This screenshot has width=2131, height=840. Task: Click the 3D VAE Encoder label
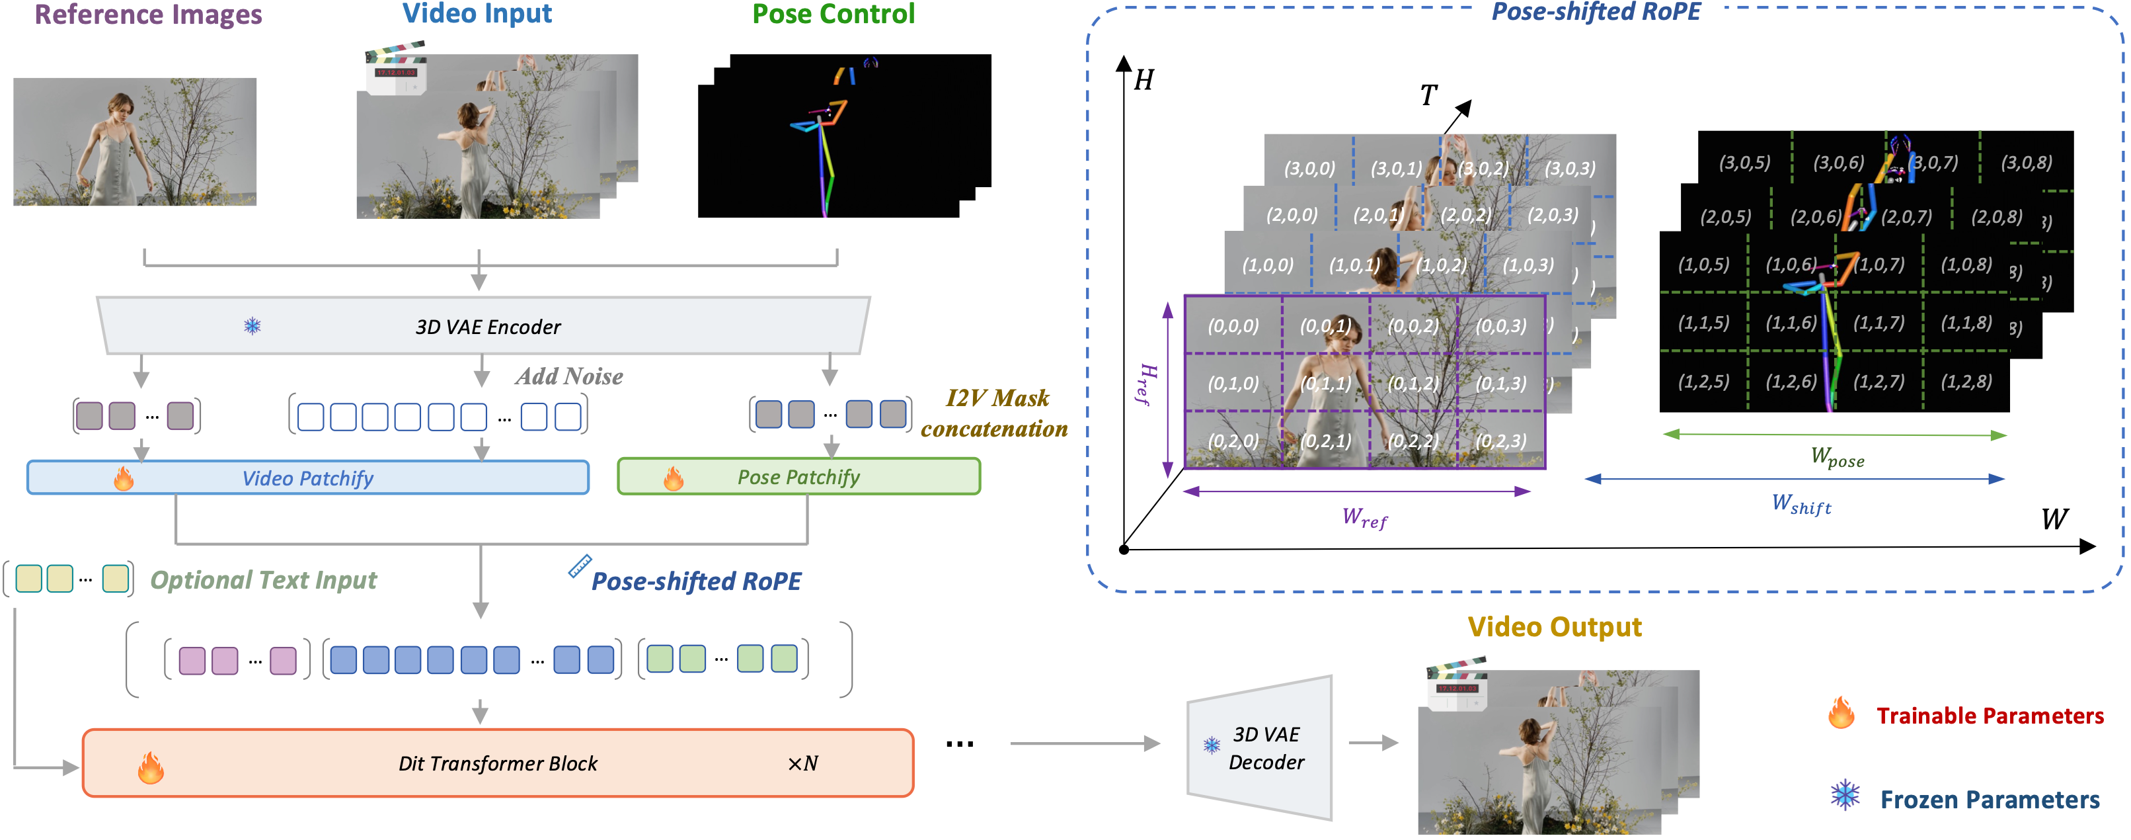[487, 327]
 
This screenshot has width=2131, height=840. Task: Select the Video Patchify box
[308, 478]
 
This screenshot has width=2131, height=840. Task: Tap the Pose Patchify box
[798, 477]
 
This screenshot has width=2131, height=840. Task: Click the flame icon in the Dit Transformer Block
[151, 767]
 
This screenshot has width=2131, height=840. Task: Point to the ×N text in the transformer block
[802, 763]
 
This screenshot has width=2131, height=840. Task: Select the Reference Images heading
[148, 15]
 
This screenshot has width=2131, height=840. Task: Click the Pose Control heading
[832, 14]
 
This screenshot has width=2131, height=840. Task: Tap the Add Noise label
[569, 376]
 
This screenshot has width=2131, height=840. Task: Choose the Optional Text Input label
[263, 579]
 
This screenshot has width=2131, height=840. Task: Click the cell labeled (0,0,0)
[1233, 325]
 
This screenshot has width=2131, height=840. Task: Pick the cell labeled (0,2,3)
[1500, 441]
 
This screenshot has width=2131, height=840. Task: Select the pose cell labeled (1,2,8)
[1966, 381]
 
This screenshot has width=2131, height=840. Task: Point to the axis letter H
[1143, 80]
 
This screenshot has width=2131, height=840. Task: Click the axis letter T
[1428, 95]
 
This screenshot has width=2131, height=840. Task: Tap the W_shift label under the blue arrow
[1801, 503]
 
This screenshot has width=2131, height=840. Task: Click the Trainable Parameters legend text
[1989, 715]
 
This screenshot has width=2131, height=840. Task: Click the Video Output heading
[1553, 626]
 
